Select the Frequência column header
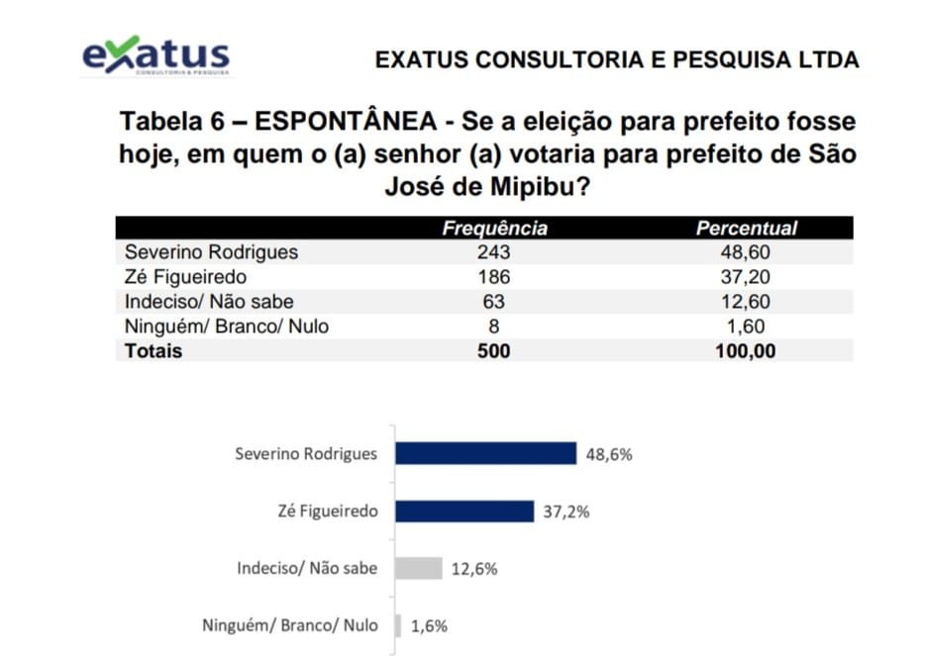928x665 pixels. tap(494, 229)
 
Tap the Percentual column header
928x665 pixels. tap(746, 229)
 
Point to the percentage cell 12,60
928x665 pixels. tap(746, 302)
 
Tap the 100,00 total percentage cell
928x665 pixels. tap(746, 350)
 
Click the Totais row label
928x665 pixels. tap(154, 350)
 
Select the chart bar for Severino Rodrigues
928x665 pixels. tap(485, 453)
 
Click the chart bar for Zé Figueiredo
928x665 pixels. tap(464, 511)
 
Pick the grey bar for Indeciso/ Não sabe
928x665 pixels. tap(418, 568)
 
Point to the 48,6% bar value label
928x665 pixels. tap(608, 455)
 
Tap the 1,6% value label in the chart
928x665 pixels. tap(428, 626)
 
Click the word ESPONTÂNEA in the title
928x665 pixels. tap(346, 123)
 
